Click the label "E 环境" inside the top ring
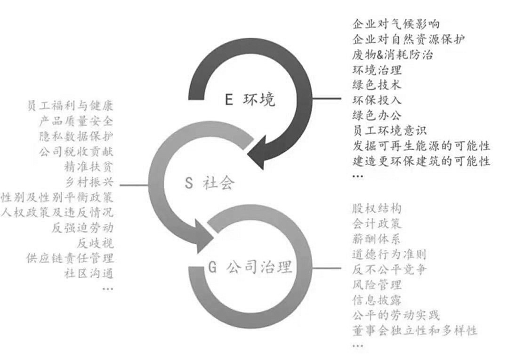250,99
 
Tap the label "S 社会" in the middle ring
210,183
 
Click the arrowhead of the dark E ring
262,152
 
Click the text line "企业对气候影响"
396,24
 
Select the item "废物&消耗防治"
392,55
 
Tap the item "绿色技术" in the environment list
377,85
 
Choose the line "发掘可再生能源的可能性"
421,146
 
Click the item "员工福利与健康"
70,106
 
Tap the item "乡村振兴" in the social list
89,182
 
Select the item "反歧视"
95,243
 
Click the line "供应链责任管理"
70,258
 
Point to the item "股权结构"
377,208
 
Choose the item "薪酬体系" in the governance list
377,239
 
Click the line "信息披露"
377,300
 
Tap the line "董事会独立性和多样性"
415,330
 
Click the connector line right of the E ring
327,98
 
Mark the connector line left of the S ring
134,185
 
